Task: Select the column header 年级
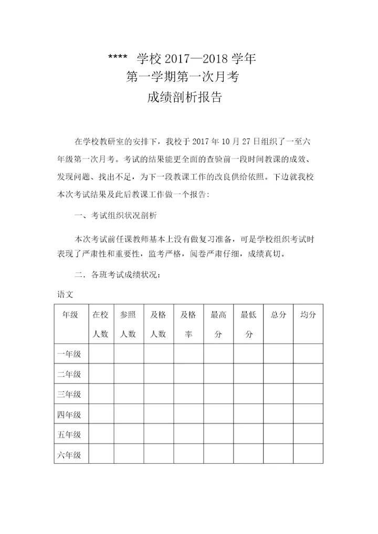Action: (70, 315)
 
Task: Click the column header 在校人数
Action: (100, 324)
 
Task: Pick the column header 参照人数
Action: (128, 324)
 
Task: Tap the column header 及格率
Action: (188, 324)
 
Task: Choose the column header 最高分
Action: (218, 324)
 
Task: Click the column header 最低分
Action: (248, 324)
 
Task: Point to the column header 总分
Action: (278, 315)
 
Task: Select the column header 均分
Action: (308, 315)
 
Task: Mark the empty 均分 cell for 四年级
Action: (308, 414)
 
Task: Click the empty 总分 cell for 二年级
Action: (278, 374)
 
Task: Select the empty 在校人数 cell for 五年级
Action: (100, 434)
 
